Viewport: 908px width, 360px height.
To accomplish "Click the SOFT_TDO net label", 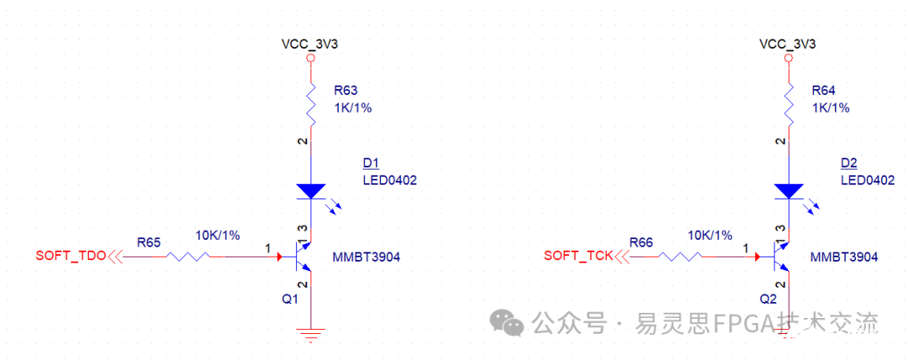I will coord(71,256).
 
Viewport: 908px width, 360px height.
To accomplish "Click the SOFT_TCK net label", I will coord(578,256).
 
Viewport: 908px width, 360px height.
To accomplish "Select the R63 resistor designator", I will coord(345,89).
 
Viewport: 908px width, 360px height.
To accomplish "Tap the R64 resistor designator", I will coord(822,89).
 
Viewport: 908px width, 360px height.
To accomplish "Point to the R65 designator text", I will coord(149,242).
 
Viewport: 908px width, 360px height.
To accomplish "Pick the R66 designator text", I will coord(641,242).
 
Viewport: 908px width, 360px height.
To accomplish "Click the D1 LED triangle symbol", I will coord(311,191).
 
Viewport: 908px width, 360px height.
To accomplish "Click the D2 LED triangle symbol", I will coord(788,191).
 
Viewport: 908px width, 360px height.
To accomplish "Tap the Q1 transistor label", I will coord(290,299).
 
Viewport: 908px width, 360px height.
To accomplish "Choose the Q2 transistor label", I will coord(768,299).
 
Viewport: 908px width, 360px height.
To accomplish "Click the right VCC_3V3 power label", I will coord(788,44).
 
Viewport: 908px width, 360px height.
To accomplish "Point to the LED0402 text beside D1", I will coord(389,180).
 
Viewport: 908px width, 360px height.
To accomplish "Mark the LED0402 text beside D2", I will coord(868,180).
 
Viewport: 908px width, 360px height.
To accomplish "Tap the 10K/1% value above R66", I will coord(710,236).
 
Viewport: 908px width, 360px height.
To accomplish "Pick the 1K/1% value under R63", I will coord(352,108).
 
